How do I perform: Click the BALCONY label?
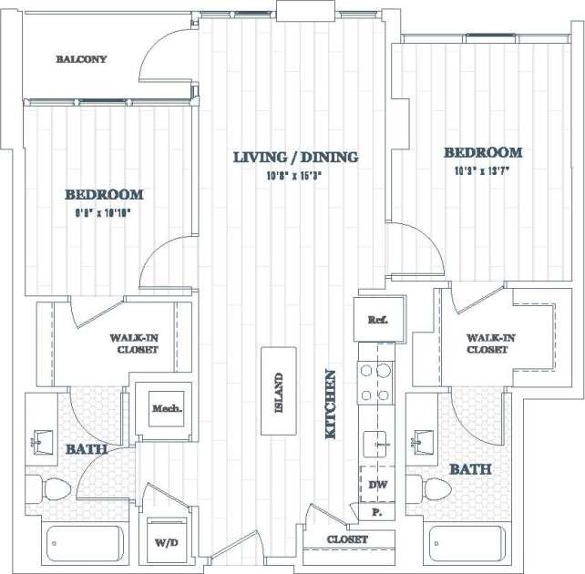[x=81, y=59]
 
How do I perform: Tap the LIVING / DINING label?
[x=295, y=158]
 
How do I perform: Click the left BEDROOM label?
[x=103, y=194]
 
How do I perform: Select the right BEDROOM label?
[x=482, y=153]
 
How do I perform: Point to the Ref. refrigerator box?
[x=377, y=320]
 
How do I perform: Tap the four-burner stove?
[x=377, y=383]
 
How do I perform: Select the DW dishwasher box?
[x=377, y=485]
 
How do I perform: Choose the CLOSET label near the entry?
[x=347, y=540]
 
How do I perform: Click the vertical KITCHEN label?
[x=332, y=405]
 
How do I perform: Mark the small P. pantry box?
[x=376, y=514]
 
